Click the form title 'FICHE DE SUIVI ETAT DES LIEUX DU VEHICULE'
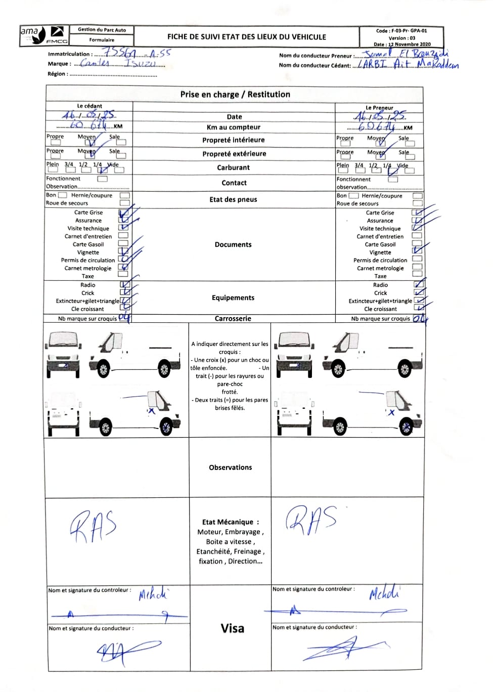(247, 37)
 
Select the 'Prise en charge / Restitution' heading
(235, 95)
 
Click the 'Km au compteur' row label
(234, 127)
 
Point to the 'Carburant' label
(233, 167)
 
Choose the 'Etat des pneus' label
(233, 199)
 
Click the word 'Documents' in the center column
(233, 244)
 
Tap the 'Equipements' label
(233, 297)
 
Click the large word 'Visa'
(233, 628)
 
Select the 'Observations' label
(230, 467)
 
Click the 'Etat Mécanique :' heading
(231, 522)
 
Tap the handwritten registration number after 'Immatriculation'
(137, 53)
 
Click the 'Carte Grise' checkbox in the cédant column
(123, 213)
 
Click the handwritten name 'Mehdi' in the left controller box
(153, 593)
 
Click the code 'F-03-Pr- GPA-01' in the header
(409, 31)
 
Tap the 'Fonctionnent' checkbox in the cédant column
(102, 179)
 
